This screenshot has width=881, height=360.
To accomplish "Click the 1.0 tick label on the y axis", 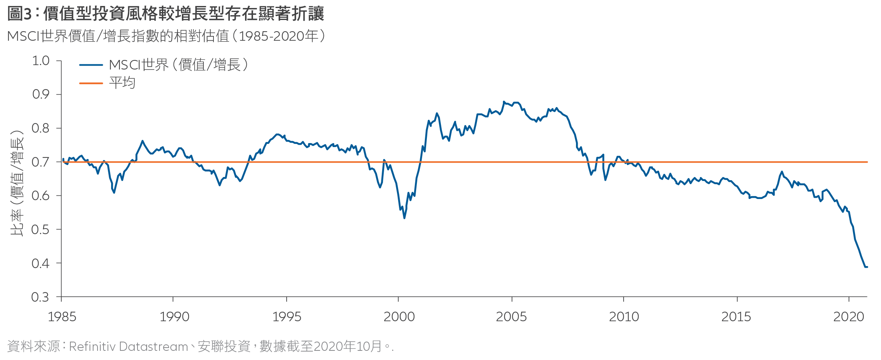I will click(41, 61).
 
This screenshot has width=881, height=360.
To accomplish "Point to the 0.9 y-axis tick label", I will click(41, 95).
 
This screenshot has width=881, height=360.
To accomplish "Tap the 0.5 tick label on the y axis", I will click(41, 230).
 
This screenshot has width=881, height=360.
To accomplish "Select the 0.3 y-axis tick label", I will click(41, 297).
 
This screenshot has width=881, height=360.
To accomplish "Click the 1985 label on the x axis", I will click(62, 317).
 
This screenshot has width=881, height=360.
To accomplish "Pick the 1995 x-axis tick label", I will click(287, 317).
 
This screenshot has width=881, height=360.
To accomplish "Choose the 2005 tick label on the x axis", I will click(511, 317).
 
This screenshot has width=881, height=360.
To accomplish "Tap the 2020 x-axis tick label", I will click(849, 317).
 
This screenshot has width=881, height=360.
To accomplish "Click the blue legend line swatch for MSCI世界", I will click(91, 65).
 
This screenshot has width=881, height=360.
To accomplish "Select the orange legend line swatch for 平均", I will click(91, 83).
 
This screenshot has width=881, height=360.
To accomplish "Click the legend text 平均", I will click(122, 83).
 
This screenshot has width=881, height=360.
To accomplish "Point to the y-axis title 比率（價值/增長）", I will click(17, 183).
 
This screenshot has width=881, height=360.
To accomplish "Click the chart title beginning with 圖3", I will click(165, 14).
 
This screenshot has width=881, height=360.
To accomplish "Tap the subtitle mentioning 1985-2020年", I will click(166, 36).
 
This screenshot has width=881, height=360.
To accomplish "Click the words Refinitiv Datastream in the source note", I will click(128, 346).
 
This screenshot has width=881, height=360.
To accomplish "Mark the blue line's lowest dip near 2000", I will click(405, 218).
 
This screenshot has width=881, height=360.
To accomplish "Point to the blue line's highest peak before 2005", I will click(504, 102).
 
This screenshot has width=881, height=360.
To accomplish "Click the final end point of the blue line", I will click(867, 267).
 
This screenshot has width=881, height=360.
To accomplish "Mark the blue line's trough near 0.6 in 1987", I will click(114, 193).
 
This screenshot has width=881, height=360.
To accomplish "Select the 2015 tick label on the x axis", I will click(736, 317).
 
